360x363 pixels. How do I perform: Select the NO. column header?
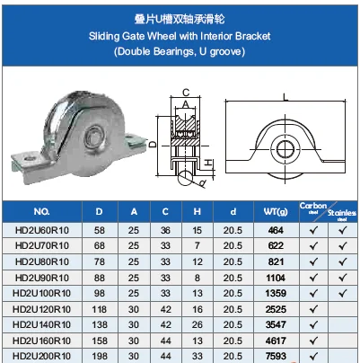41,212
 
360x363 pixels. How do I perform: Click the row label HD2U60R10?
41,231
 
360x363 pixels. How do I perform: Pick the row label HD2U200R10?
41,355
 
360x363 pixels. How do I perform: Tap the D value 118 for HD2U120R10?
100,308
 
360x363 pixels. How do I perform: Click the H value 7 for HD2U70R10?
197,246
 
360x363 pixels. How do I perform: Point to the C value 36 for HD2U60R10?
165,231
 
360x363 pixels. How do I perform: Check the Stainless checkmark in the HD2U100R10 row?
341,293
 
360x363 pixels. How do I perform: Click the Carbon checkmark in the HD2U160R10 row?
312,340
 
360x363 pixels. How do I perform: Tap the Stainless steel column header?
341,210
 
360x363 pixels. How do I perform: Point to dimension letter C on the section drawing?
186,91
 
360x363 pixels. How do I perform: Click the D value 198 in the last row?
100,355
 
